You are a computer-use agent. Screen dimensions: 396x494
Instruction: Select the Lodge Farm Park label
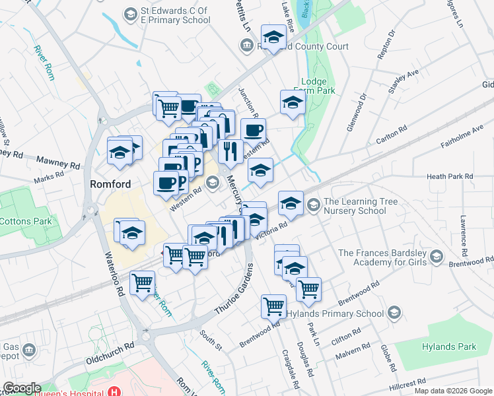pos(318,86)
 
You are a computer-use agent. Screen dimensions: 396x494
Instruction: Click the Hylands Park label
pos(449,346)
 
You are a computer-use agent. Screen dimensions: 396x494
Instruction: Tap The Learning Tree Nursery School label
pos(354,206)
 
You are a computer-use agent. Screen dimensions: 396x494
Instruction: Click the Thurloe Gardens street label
pos(235,290)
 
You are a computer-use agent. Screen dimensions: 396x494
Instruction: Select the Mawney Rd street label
pos(58,160)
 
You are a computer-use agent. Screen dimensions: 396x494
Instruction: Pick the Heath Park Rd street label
pos(450,176)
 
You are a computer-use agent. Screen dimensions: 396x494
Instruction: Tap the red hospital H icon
pos(116,391)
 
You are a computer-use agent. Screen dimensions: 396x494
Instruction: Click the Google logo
pos(22,388)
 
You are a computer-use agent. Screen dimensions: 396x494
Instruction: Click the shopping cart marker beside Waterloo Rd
pos(143,284)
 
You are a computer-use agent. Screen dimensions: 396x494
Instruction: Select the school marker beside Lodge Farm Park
pos(292,103)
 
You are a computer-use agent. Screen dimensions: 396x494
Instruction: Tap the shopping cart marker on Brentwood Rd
pos(273,306)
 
